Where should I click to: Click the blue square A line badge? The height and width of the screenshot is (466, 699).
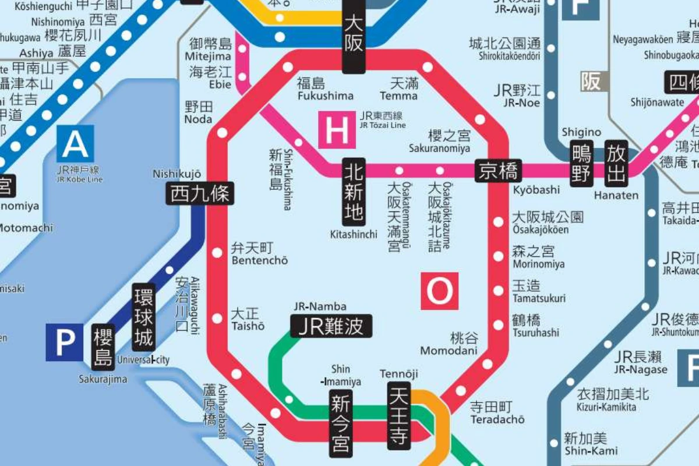(75, 143)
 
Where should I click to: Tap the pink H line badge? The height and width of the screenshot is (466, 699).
(336, 129)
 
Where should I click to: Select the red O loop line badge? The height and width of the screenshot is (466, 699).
(440, 291)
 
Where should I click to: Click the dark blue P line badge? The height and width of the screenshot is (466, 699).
(65, 343)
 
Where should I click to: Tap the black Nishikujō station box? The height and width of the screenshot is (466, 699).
(201, 193)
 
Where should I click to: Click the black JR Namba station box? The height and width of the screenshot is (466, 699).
(331, 326)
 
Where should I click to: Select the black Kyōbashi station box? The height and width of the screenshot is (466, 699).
(497, 171)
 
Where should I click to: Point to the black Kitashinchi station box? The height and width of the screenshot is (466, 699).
(354, 192)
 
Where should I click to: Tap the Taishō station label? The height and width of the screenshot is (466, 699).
(248, 320)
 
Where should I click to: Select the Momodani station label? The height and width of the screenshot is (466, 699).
(449, 344)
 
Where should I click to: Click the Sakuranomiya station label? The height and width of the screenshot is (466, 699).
(449, 142)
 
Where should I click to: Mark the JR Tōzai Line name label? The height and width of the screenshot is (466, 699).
(381, 119)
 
